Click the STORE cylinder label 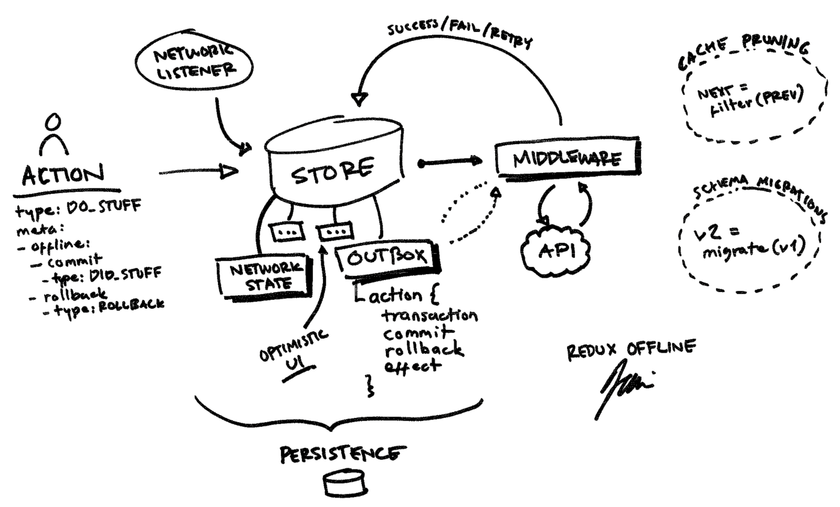pos(332,170)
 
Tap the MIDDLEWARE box pos(567,158)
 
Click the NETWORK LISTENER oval pos(194,62)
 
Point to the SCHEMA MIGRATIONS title pos(759,193)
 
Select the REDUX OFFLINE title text pos(632,349)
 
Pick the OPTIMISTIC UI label pos(294,351)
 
